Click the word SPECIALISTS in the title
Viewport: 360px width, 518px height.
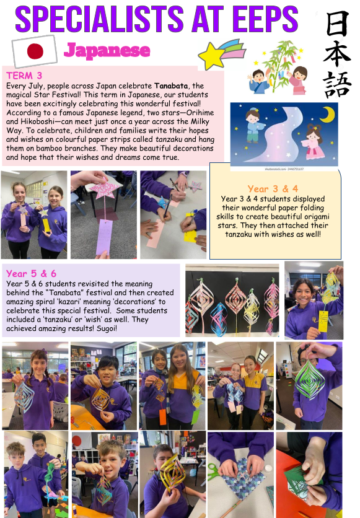click(99, 19)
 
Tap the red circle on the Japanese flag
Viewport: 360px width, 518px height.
click(35, 51)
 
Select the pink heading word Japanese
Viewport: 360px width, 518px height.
click(107, 51)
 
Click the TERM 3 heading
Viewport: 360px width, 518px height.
click(24, 76)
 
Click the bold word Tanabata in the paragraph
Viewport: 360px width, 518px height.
click(171, 86)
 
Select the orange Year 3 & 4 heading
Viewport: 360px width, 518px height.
click(273, 188)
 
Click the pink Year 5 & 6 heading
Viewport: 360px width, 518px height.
click(32, 273)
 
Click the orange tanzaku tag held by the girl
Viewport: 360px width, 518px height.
click(162, 417)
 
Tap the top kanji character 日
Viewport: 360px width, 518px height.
click(337, 23)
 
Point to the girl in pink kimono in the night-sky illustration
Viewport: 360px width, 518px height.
click(315, 143)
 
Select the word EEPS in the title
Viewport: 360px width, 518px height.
click(266, 19)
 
